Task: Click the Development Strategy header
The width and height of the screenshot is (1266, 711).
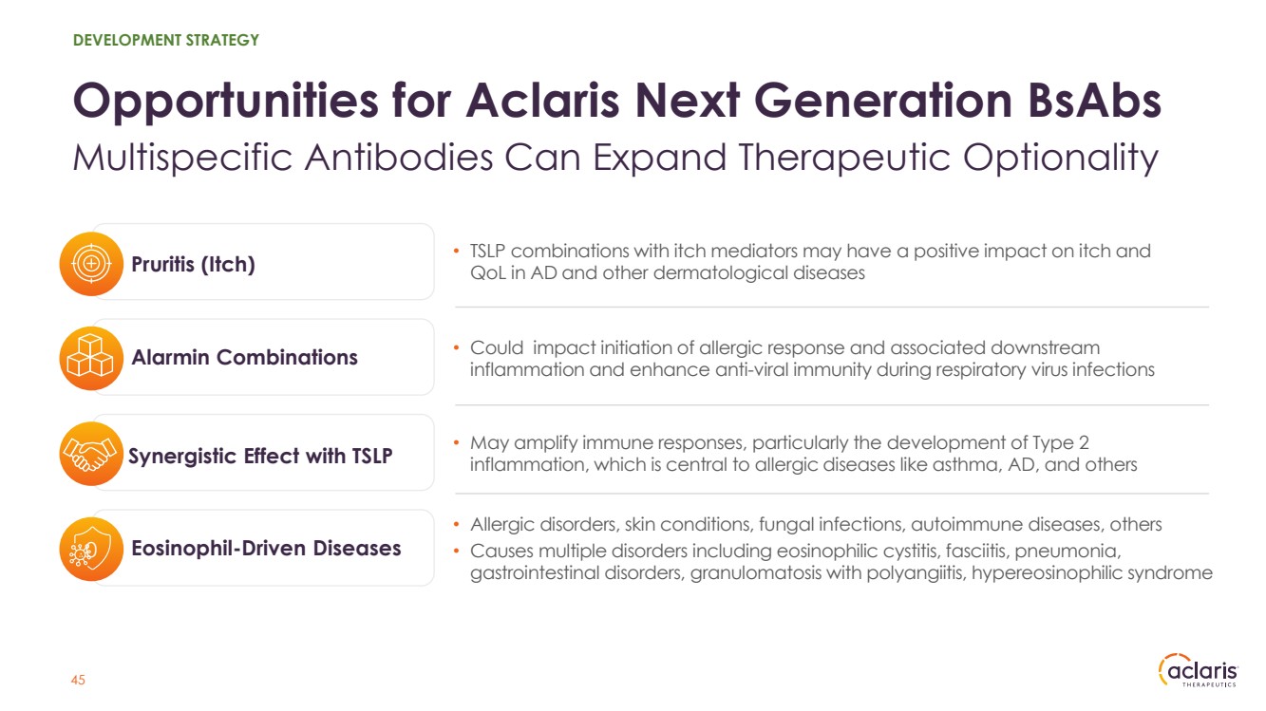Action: pos(165,40)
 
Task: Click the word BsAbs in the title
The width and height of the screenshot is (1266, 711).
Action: pos(1095,101)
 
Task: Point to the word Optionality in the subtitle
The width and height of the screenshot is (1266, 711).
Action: pos(1061,158)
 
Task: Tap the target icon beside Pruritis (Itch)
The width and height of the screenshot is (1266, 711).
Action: pos(91,264)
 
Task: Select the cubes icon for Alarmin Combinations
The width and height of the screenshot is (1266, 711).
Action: pos(91,358)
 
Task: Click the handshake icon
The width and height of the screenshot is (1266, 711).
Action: pos(91,454)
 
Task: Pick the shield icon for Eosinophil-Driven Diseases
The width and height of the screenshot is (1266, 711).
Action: pos(91,549)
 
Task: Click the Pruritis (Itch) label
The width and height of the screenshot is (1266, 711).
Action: pos(194,264)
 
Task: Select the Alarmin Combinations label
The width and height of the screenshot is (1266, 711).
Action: pos(245,358)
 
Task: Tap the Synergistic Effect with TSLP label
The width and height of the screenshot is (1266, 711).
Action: pos(260,457)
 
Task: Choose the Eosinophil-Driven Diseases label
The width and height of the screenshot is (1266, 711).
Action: pos(266,549)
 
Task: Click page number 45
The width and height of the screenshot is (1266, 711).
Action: pos(78,680)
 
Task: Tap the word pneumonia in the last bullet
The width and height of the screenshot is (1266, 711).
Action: pos(1068,552)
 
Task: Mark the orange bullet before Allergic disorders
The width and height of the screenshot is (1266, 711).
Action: pos(457,525)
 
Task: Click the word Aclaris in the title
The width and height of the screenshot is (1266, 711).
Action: pos(542,101)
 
